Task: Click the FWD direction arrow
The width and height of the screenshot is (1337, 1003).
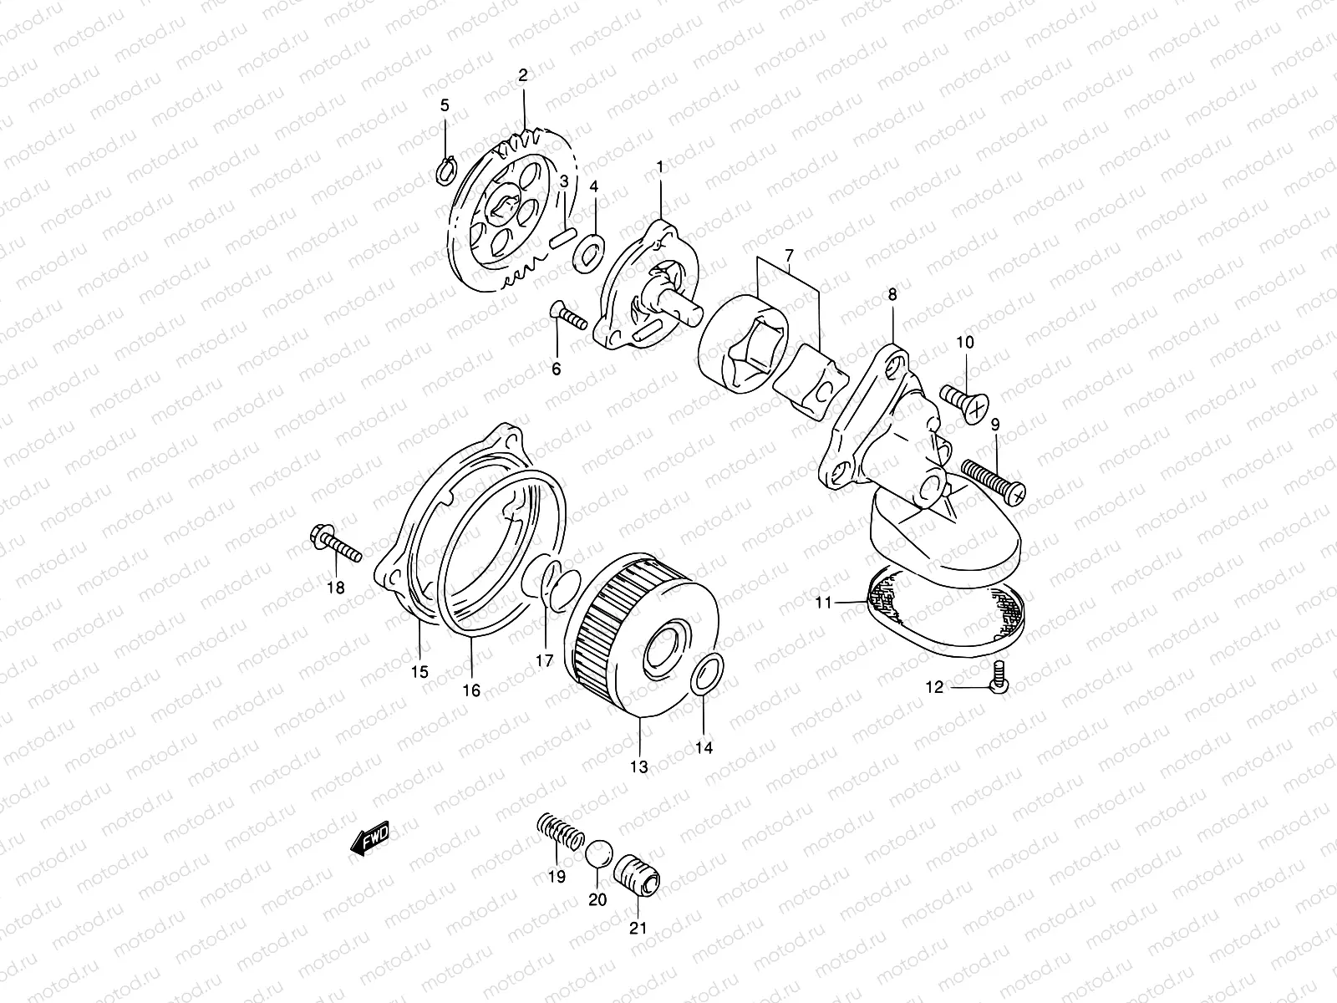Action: pos(370,839)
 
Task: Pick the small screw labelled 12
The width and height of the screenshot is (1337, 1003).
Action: pos(998,674)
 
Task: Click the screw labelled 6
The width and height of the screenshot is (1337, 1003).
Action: pos(568,317)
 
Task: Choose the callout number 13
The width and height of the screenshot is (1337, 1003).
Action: pos(639,766)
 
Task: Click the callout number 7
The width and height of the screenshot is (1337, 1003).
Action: pos(787,253)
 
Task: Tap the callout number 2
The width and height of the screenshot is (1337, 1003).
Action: pos(523,75)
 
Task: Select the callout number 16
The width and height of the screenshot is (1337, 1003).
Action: pos(471,690)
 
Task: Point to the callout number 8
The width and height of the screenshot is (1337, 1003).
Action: pos(892,294)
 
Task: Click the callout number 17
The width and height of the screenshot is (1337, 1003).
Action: pos(545,660)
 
